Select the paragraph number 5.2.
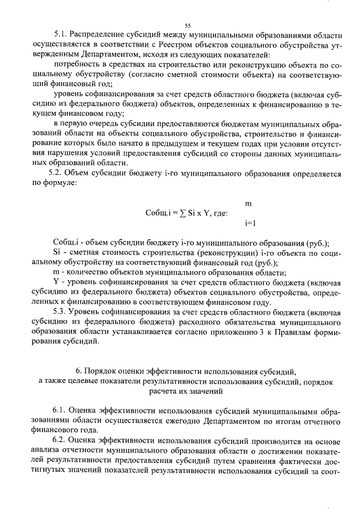click(x=58, y=174)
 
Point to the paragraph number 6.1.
click(x=61, y=412)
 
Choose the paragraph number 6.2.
click(x=61, y=441)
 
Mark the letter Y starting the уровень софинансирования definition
click(x=56, y=281)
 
